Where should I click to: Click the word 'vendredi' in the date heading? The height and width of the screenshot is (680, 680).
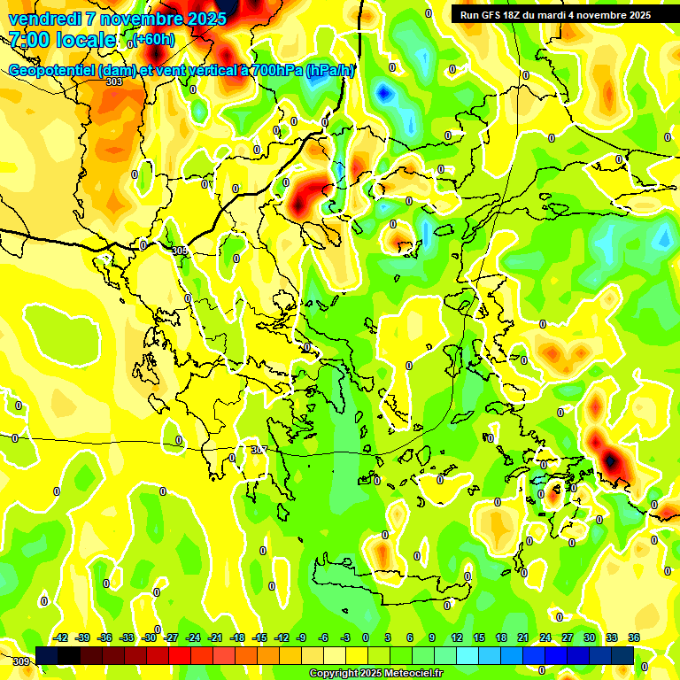point(44,18)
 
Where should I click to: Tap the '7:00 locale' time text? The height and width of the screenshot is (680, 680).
point(63,39)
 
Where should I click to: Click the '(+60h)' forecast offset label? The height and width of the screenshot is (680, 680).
point(154,39)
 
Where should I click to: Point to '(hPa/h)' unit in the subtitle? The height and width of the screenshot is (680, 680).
point(329,71)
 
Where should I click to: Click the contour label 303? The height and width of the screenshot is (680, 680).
point(113,81)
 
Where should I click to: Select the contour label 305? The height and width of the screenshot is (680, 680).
point(180,251)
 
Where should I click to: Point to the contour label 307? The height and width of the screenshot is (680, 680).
point(259,450)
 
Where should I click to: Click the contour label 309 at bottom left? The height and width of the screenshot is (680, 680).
point(21,661)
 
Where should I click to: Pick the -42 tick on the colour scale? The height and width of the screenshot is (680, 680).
point(61,637)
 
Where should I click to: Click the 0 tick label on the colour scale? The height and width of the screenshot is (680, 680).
point(365,637)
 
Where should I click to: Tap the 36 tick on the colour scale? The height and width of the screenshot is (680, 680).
point(633,637)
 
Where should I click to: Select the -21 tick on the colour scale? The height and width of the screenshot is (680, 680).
point(215,637)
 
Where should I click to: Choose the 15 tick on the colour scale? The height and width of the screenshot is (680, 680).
point(478,637)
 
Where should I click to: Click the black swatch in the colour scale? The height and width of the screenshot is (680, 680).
point(69,655)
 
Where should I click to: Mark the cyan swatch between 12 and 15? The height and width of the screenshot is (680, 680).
point(467,655)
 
